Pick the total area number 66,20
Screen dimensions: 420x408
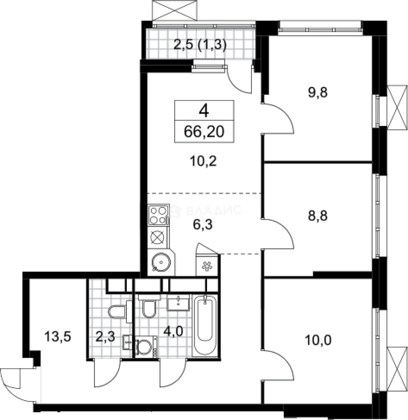(x=204, y=132)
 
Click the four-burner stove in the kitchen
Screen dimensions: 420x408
(x=158, y=215)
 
